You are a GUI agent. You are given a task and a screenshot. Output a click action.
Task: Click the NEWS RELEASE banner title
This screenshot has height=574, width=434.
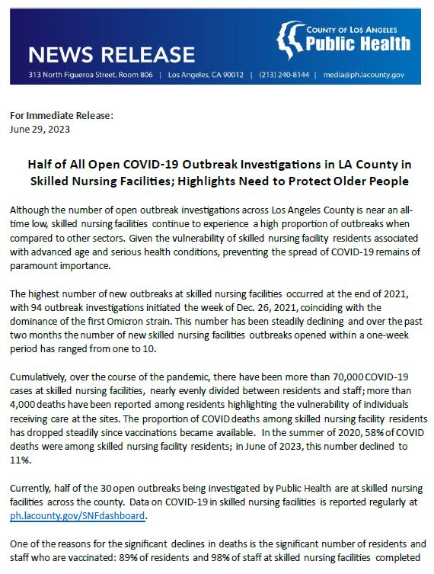click(112, 54)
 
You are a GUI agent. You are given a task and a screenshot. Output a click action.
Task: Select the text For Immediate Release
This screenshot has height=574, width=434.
click(61, 116)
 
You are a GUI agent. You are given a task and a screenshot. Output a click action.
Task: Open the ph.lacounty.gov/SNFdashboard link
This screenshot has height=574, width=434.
click(77, 516)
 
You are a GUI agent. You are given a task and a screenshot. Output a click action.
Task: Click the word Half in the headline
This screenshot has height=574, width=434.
click(43, 165)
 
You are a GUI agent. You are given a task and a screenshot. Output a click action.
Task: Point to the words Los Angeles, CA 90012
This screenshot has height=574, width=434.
click(206, 75)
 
